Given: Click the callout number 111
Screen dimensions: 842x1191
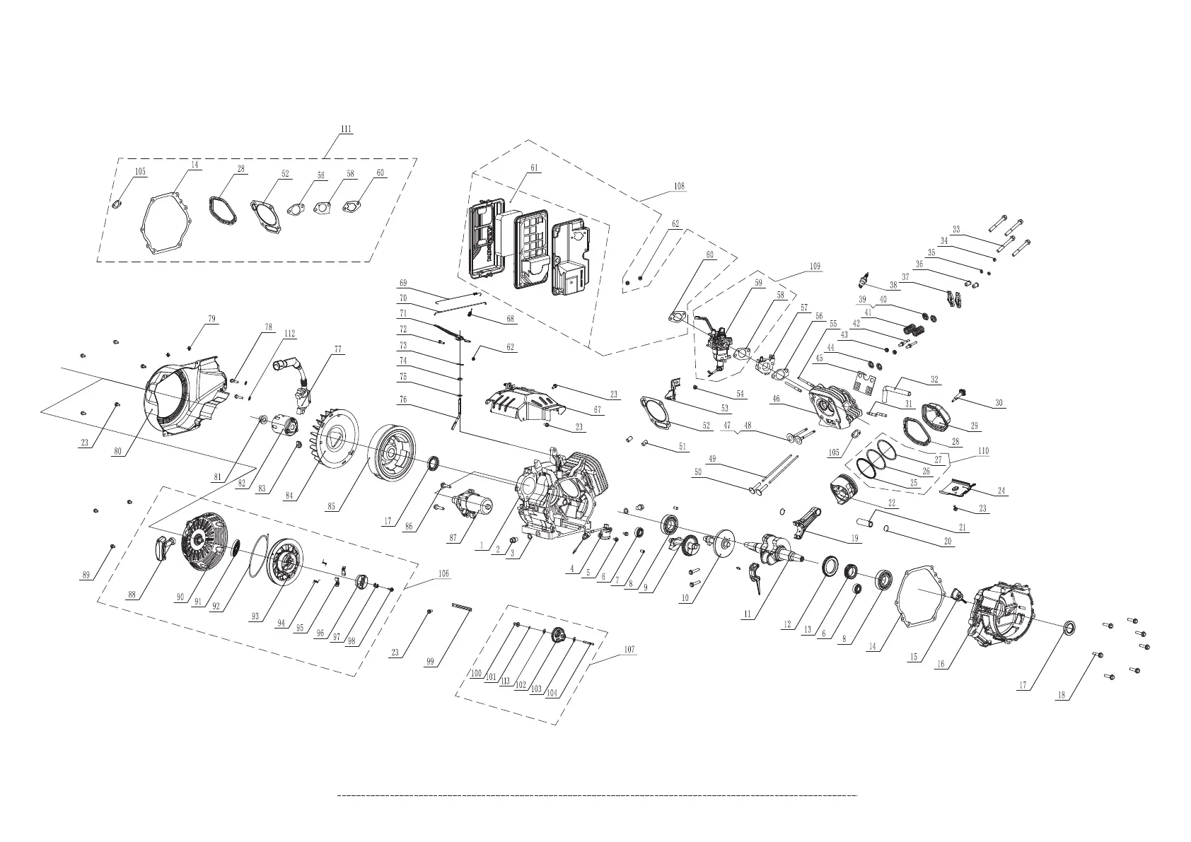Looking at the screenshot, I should [346, 129].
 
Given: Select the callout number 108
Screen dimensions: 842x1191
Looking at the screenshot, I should [679, 187].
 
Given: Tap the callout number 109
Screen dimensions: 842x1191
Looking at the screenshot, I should [815, 267].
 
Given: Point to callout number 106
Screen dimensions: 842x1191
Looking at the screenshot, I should [443, 573].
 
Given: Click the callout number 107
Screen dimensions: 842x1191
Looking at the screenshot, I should [629, 649].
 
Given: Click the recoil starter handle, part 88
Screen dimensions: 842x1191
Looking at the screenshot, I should [165, 546].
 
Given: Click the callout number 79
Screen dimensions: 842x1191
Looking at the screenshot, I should [211, 320].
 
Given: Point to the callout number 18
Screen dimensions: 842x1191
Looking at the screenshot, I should [1060, 694].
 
